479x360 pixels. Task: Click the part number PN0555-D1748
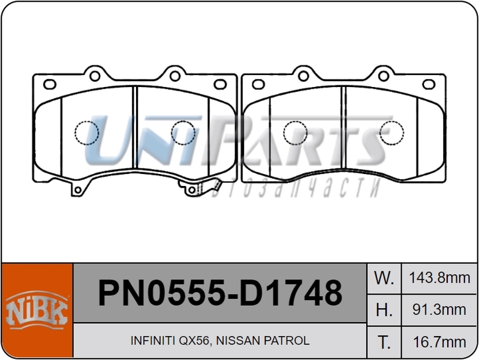coord(219,293)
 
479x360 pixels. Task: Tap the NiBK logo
coord(37,311)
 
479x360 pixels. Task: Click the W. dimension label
coord(384,278)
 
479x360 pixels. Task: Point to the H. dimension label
coord(384,310)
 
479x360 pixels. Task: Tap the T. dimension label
coord(384,342)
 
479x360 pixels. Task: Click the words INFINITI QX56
coord(170,341)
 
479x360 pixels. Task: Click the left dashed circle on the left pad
coord(86,133)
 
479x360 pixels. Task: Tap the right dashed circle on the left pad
coord(183,133)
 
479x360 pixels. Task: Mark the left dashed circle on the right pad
coord(295,133)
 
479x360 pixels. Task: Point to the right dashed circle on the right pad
coord(391,133)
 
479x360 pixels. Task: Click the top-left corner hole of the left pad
coord(50,84)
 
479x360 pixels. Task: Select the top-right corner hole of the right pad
coord(429,84)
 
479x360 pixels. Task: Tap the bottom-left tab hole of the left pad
coord(76,190)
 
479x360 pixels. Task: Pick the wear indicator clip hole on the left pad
coord(191,190)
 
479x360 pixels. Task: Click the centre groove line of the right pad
coord(344,128)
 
